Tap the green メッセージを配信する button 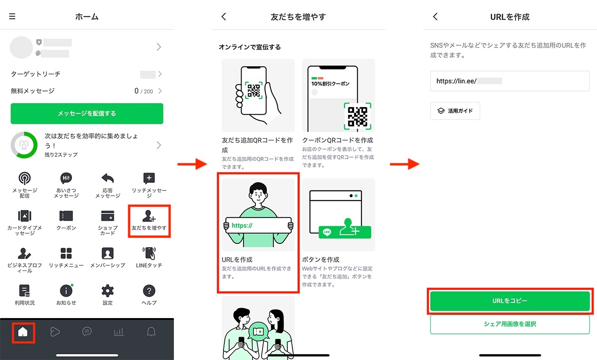click(87, 113)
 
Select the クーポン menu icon click(66, 216)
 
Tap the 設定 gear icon click(108, 291)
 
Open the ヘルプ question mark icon click(149, 291)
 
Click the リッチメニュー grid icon click(66, 253)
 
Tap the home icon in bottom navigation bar click(23, 332)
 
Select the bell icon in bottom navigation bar click(151, 332)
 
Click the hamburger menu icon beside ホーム click(12, 16)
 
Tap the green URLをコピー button click(510, 301)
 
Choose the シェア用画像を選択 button click(510, 324)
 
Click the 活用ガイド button click(455, 110)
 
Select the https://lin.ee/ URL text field click(510, 81)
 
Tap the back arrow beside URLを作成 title click(435, 17)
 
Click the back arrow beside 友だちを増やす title click(224, 17)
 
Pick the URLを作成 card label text click(237, 260)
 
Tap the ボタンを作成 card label click(321, 260)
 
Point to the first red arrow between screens click(192, 164)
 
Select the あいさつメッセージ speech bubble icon click(66, 179)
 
